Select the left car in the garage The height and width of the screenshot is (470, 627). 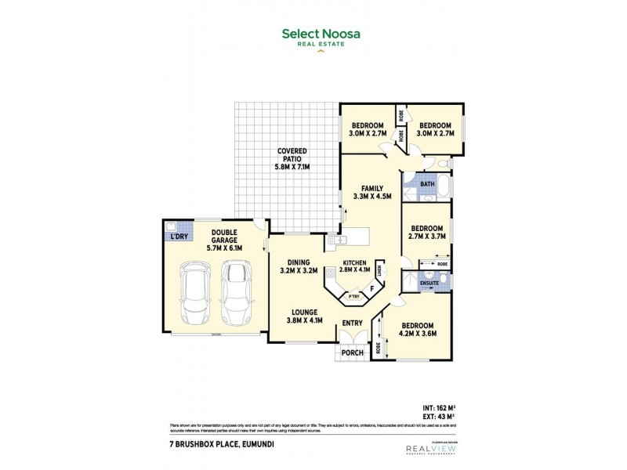(194, 295)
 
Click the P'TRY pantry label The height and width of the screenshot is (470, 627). (353, 295)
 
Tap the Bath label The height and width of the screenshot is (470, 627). (426, 185)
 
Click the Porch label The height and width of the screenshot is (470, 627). (353, 352)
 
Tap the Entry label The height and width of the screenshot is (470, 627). (350, 323)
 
